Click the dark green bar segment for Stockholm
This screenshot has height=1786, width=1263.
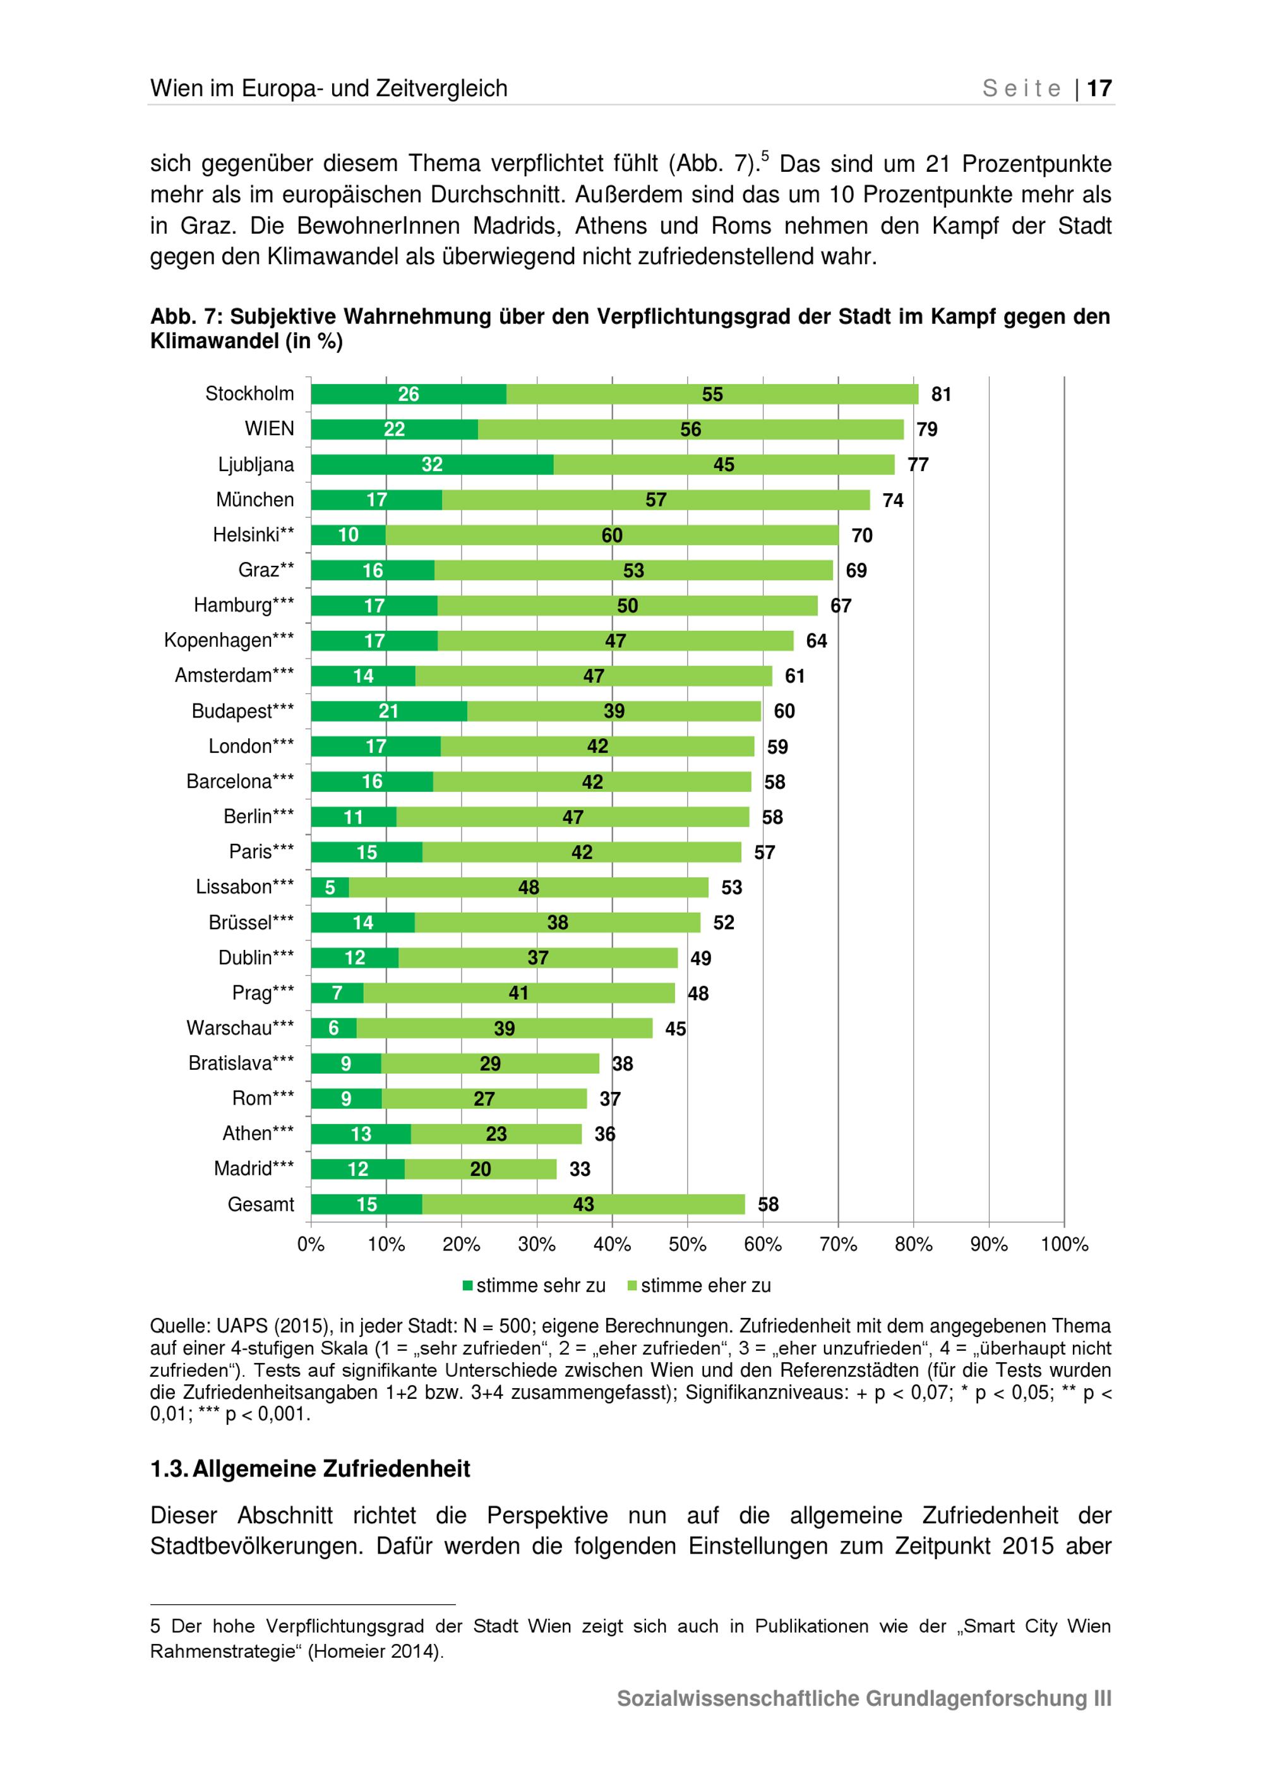(x=409, y=394)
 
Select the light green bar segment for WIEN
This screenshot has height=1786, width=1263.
(x=691, y=429)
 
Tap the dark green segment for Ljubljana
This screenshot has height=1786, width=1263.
(x=433, y=464)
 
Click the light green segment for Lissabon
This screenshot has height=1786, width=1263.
(x=529, y=887)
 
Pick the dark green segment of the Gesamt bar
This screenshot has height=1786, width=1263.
(x=366, y=1204)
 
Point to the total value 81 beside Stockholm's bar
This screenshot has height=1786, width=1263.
(x=941, y=394)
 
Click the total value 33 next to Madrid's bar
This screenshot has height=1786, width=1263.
(x=580, y=1169)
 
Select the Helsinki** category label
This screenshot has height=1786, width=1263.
(x=253, y=535)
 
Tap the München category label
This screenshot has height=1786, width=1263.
(x=255, y=500)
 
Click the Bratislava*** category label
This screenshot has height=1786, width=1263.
(x=241, y=1064)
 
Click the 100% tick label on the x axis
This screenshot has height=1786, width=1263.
(x=1064, y=1245)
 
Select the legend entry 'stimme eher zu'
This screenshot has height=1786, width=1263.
(x=699, y=1286)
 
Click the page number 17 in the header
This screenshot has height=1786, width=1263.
(x=1099, y=88)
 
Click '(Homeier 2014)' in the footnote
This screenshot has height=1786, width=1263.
(x=374, y=1651)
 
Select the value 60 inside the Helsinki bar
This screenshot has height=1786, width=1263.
(x=612, y=535)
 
